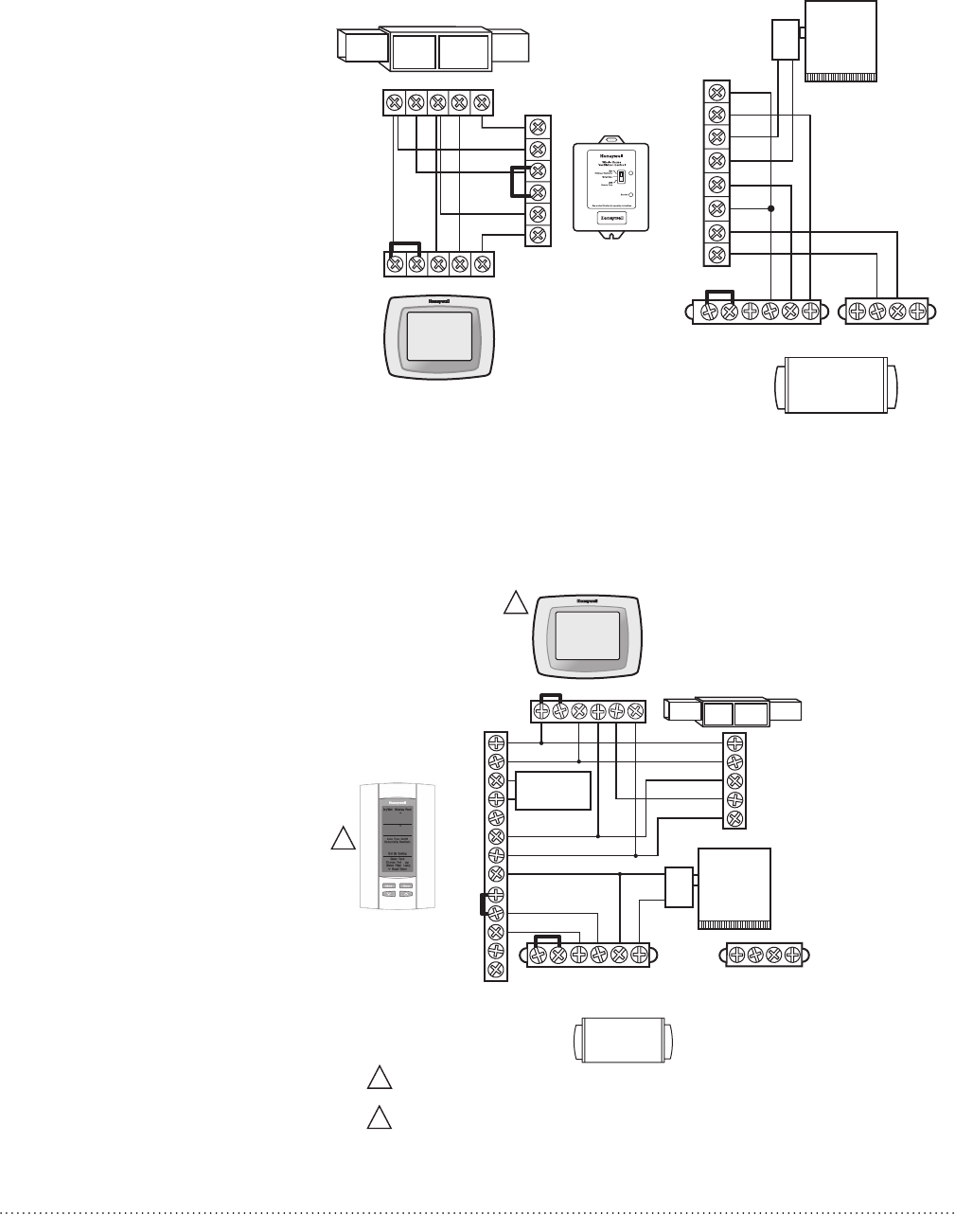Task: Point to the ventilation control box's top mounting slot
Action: click(x=610, y=149)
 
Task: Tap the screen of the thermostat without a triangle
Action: click(x=438, y=336)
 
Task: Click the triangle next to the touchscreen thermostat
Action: click(x=514, y=603)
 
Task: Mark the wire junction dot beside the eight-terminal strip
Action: click(x=771, y=209)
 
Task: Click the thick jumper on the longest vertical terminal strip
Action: click(x=483, y=906)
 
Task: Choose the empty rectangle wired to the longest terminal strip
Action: click(x=554, y=791)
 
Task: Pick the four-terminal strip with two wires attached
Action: click(x=887, y=310)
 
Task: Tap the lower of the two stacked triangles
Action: click(x=380, y=1117)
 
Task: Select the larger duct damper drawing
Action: click(x=434, y=49)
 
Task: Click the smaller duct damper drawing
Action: click(x=734, y=713)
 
